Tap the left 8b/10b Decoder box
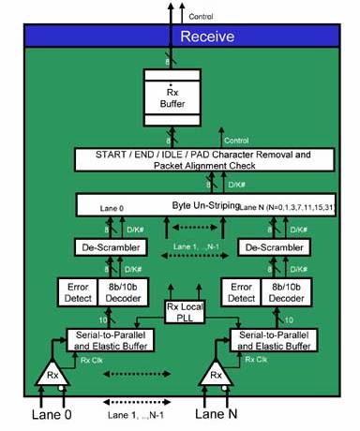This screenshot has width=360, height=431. (x=123, y=290)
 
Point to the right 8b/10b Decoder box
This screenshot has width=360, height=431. (x=288, y=290)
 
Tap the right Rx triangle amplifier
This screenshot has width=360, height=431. (x=216, y=375)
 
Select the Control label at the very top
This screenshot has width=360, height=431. (x=201, y=16)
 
